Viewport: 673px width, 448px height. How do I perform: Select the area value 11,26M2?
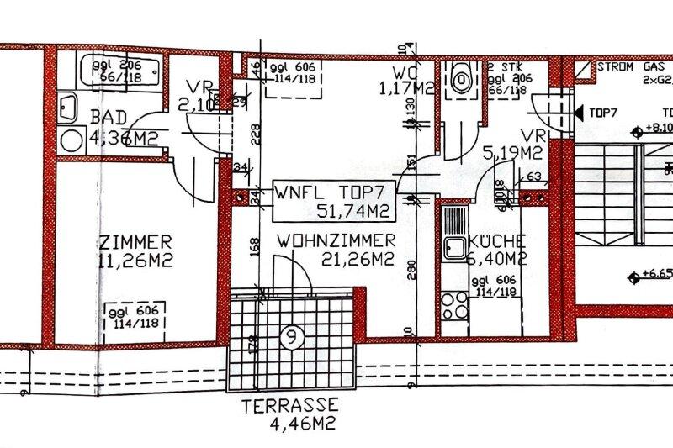(x=134, y=261)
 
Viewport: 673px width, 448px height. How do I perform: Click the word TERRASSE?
(x=290, y=404)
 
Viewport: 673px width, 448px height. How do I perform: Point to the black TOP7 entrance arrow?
(x=578, y=111)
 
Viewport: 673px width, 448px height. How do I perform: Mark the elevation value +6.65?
(x=655, y=273)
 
